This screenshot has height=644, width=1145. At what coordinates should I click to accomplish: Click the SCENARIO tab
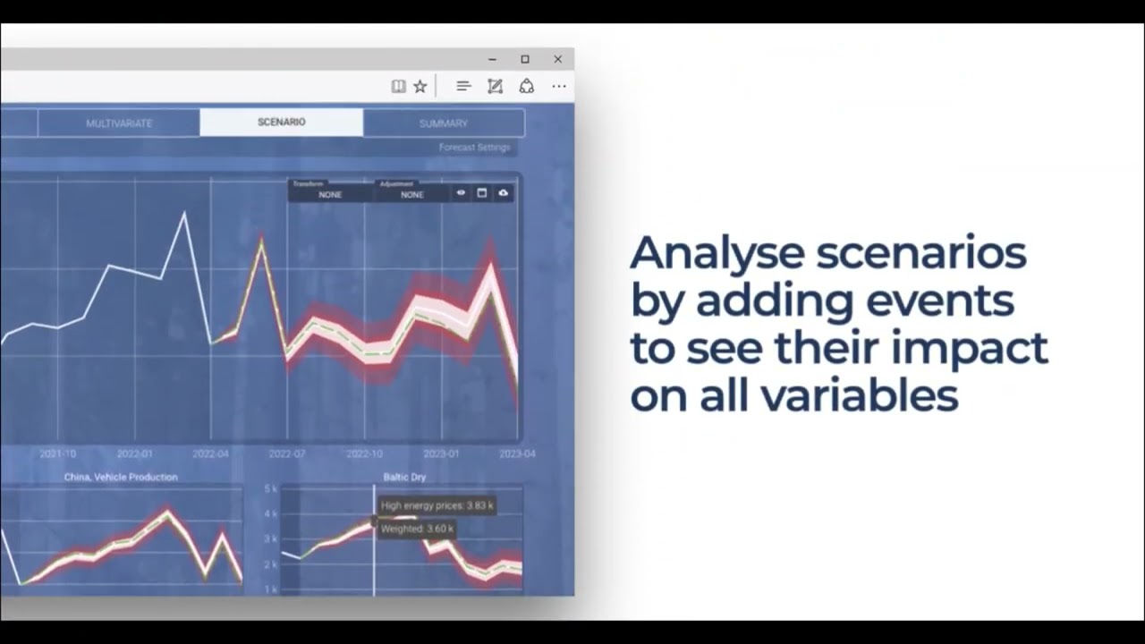tap(282, 122)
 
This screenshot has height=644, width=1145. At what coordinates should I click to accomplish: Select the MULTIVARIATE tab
tap(119, 123)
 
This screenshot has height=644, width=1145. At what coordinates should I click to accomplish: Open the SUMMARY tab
tap(444, 123)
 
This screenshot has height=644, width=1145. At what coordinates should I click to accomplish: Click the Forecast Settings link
tap(474, 148)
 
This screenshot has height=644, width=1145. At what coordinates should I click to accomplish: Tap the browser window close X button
tap(558, 59)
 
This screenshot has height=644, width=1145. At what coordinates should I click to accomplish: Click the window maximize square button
tap(525, 59)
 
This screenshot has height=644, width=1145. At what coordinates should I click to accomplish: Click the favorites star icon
tap(420, 86)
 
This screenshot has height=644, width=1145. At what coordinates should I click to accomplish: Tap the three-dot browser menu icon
tap(559, 86)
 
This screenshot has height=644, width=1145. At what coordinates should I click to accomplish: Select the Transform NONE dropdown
tap(330, 194)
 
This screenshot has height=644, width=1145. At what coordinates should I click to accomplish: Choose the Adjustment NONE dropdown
tap(412, 194)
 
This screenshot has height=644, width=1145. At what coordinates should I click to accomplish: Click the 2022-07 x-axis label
tap(287, 454)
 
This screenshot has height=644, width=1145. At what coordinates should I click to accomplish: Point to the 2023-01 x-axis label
tap(441, 454)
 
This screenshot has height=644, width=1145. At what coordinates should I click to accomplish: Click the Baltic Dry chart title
tap(404, 477)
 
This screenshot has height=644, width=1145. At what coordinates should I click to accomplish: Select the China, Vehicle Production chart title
tap(121, 477)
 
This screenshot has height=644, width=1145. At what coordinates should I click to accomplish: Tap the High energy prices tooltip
tap(437, 505)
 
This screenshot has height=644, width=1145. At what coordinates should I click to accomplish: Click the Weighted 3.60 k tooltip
tap(417, 529)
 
